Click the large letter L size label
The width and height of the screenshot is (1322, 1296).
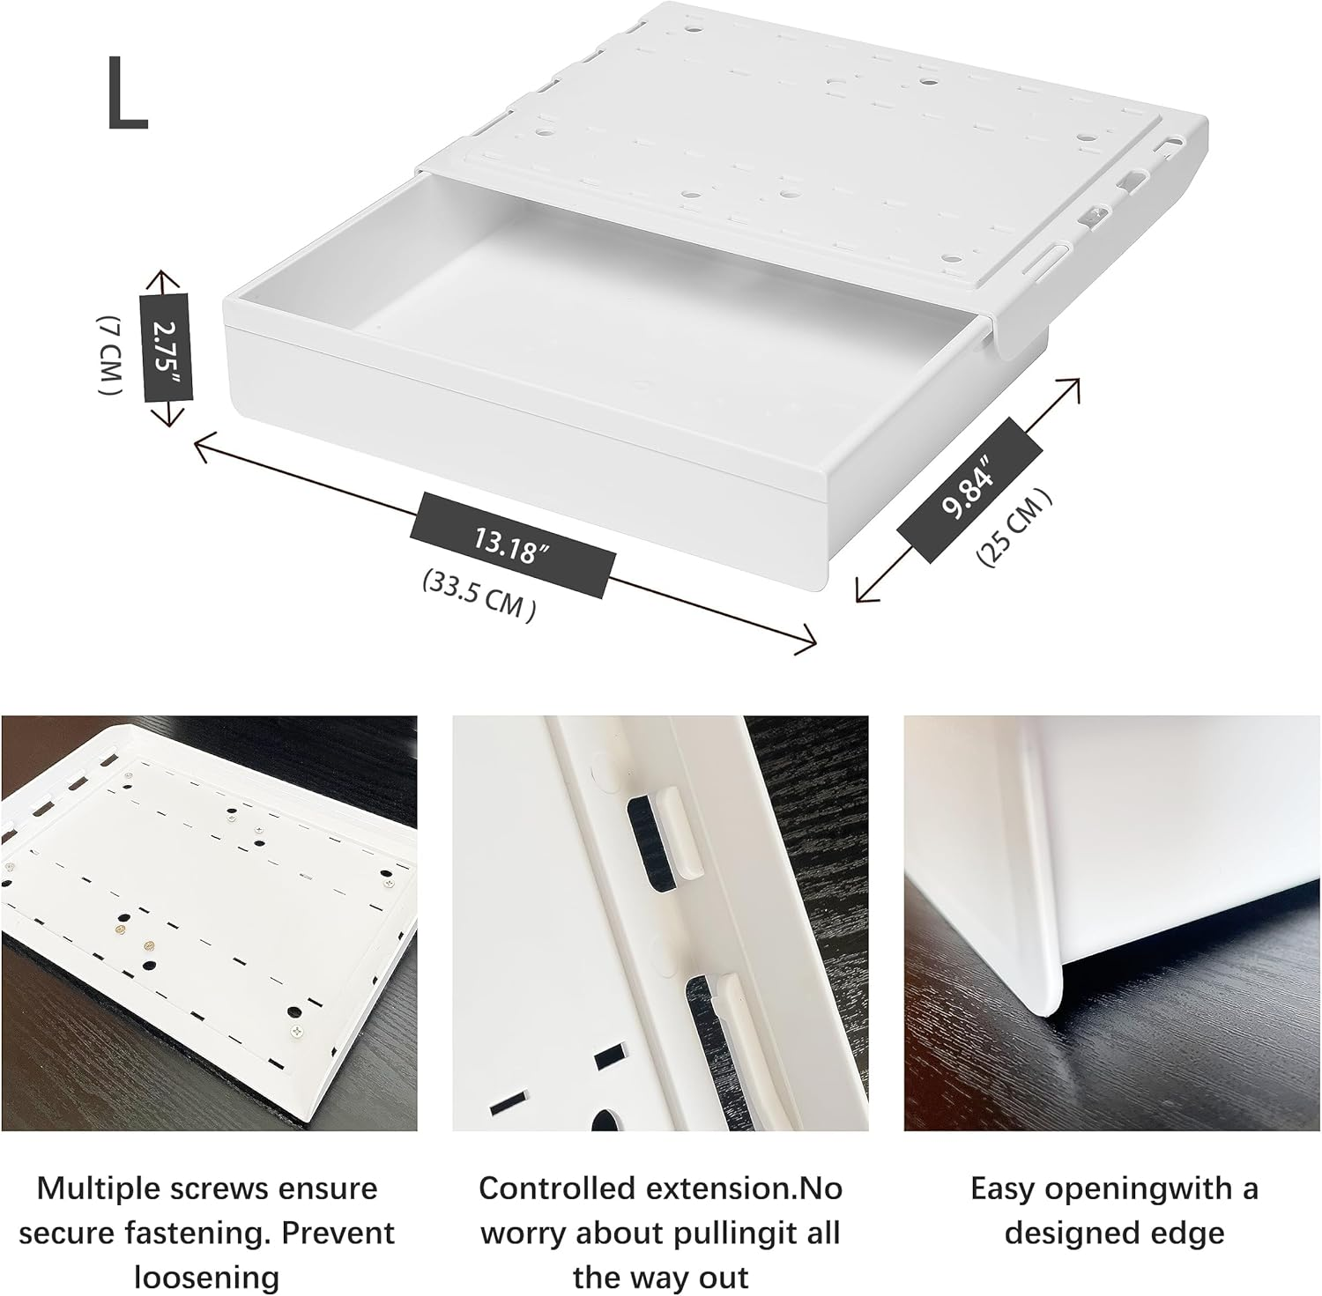click(127, 94)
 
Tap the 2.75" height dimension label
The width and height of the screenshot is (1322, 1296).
click(165, 348)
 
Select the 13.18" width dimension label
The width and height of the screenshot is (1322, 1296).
click(511, 544)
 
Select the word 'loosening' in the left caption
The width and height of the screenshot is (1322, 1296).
click(206, 1277)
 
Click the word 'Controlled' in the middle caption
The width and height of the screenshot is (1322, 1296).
click(557, 1189)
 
